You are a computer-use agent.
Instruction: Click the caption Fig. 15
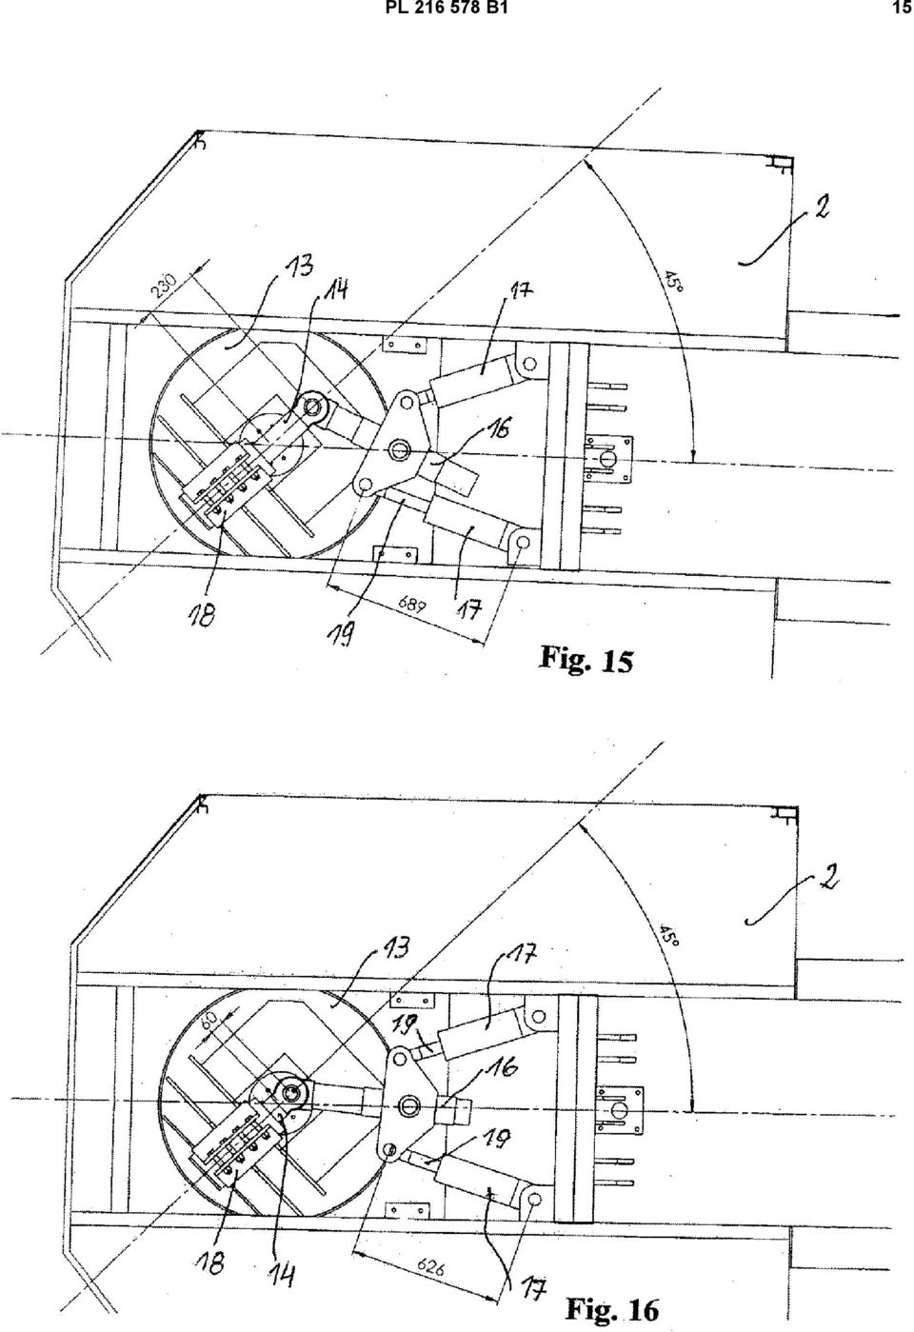pyautogui.click(x=586, y=660)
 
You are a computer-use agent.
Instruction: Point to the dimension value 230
pyautogui.click(x=163, y=286)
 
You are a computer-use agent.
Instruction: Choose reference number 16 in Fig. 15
pyautogui.click(x=498, y=427)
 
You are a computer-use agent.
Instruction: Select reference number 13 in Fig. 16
pyautogui.click(x=393, y=948)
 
